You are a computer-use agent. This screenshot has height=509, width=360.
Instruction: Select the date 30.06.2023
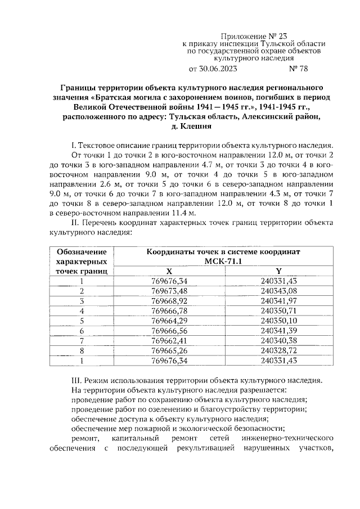tap(215, 69)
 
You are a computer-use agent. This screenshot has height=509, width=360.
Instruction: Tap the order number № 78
tap(298, 69)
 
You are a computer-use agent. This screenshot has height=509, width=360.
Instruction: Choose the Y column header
tap(278, 271)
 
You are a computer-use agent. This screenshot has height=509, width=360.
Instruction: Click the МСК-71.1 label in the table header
tap(223, 262)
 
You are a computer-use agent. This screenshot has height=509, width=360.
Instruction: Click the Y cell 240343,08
tap(278, 291)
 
